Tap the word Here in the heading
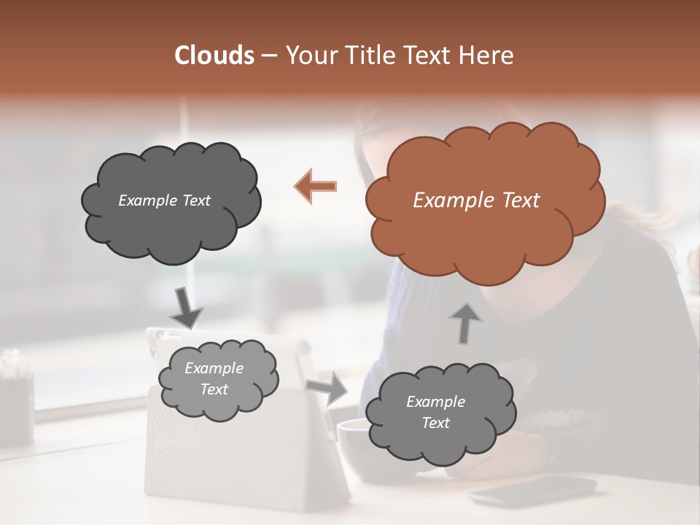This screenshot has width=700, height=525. pyautogui.click(x=486, y=55)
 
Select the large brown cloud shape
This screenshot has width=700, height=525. pyautogui.click(x=484, y=200)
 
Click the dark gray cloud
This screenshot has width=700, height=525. pyautogui.click(x=171, y=201)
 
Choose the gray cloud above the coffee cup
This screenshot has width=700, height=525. pyautogui.click(x=440, y=413)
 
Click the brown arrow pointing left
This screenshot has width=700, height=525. pyautogui.click(x=316, y=186)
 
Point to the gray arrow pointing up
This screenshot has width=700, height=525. pyautogui.click(x=465, y=322)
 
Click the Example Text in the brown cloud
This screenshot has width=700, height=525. pyautogui.click(x=476, y=201)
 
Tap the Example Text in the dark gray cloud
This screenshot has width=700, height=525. pyautogui.click(x=164, y=201)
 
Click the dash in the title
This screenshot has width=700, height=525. pyautogui.click(x=268, y=55)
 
